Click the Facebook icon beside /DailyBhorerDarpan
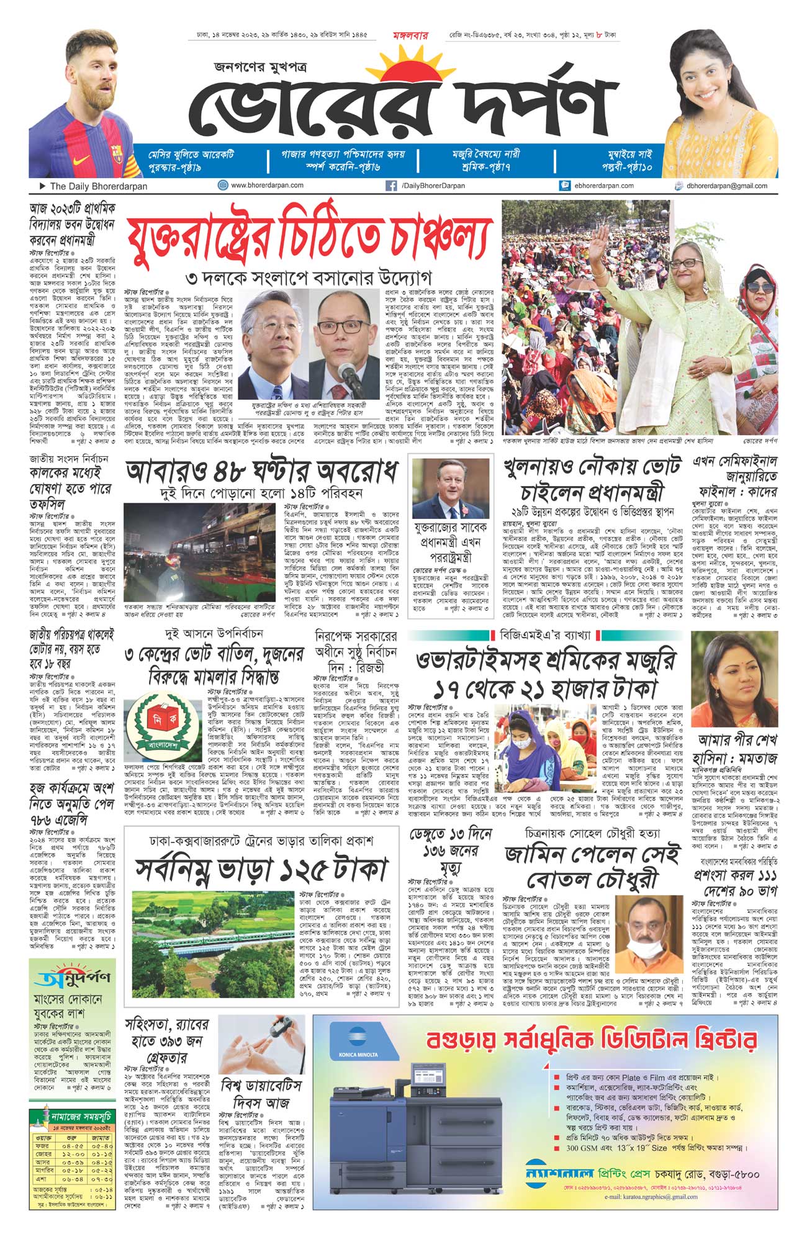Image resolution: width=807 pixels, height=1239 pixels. (x=391, y=186)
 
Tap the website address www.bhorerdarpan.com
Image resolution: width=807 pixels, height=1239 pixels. (x=267, y=186)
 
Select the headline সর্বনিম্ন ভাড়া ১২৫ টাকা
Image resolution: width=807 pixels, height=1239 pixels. (x=261, y=870)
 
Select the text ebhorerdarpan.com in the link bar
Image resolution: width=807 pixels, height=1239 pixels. (x=603, y=186)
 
